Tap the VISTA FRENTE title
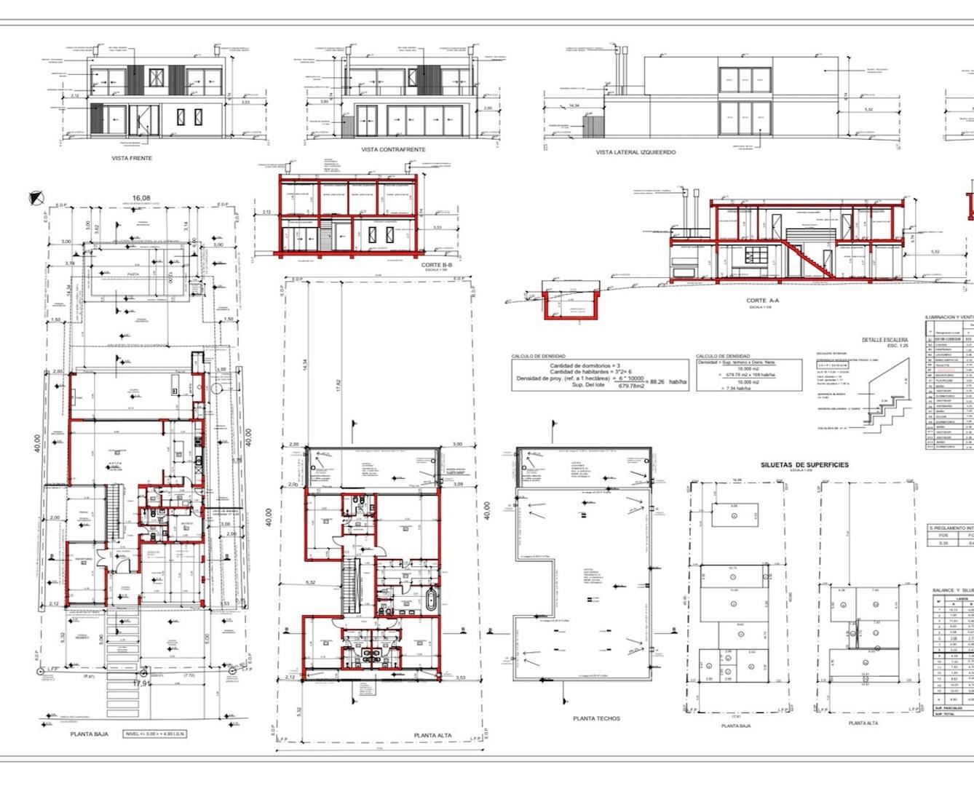tap(132, 158)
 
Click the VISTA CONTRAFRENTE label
tap(393, 150)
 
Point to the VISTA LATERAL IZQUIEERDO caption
tap(636, 153)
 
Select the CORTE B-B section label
tap(437, 265)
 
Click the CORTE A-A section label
tap(762, 301)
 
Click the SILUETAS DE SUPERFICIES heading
tap(804, 465)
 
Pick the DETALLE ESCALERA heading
tap(884, 340)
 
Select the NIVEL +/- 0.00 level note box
tap(154, 734)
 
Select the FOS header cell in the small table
tap(943, 535)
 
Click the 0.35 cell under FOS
tap(943, 543)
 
